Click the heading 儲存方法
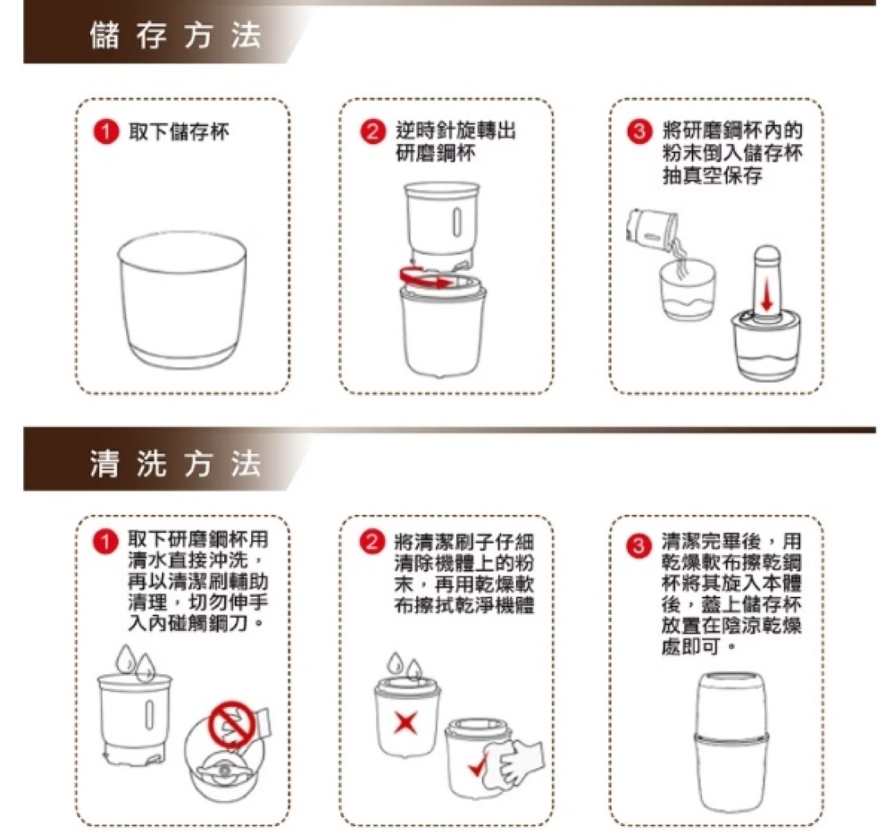[175, 36]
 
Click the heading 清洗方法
[175, 462]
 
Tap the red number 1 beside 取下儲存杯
[105, 132]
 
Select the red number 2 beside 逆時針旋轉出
[372, 132]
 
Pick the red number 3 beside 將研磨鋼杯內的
[639, 132]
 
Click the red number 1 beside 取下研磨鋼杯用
[105, 542]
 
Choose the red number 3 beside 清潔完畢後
[639, 546]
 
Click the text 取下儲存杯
[179, 132]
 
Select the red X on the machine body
[405, 722]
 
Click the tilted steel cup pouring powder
[651, 229]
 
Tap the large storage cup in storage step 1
[182, 299]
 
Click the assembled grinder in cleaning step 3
[731, 743]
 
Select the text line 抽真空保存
[712, 175]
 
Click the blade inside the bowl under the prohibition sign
[224, 769]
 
